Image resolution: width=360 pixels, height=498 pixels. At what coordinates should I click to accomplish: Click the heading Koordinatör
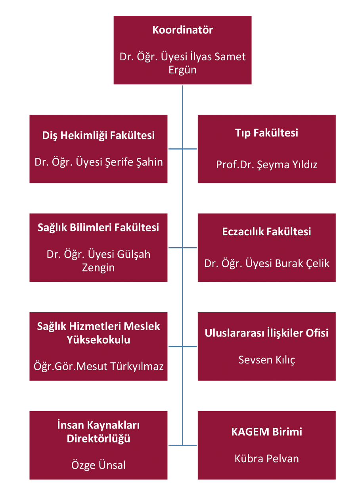tap(182, 30)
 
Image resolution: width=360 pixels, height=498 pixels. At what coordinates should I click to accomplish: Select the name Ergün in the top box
tap(182, 70)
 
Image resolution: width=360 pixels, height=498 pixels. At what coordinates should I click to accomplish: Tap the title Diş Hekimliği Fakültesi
tap(98, 136)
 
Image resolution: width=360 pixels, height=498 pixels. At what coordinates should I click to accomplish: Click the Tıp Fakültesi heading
tap(266, 133)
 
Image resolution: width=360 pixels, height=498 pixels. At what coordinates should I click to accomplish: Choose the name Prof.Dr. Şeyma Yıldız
tap(266, 165)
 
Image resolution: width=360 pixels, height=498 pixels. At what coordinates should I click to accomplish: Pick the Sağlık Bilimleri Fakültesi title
tap(98, 228)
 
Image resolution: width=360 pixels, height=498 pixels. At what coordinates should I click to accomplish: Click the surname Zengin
tap(98, 268)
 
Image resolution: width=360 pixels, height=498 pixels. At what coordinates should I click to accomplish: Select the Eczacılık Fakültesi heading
tap(266, 232)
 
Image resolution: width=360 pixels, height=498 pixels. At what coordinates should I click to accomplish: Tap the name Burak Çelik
tap(302, 263)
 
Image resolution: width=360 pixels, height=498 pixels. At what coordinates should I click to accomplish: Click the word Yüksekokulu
tap(98, 340)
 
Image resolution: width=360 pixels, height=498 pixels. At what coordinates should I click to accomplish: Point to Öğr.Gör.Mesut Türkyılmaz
tap(98, 367)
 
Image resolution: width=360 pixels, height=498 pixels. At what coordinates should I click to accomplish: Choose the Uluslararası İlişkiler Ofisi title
tap(266, 333)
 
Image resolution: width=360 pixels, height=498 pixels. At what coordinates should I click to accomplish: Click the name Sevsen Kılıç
tap(266, 360)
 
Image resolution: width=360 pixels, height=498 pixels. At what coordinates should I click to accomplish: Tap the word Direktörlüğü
tap(98, 439)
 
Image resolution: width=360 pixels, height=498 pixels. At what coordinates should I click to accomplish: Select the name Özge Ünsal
tap(98, 465)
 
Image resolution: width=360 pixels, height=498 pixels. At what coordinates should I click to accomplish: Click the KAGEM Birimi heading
tap(266, 432)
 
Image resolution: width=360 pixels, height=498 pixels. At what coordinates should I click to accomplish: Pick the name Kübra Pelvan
tap(266, 459)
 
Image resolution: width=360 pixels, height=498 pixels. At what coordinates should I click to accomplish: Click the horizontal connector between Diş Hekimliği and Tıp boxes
tap(182, 149)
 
